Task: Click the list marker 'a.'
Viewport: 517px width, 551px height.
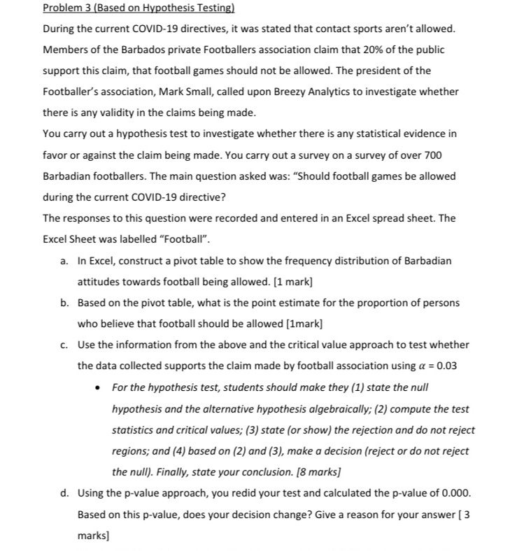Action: (64, 260)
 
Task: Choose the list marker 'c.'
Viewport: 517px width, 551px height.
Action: (64, 345)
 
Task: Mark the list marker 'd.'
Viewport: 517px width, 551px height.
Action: (64, 493)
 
